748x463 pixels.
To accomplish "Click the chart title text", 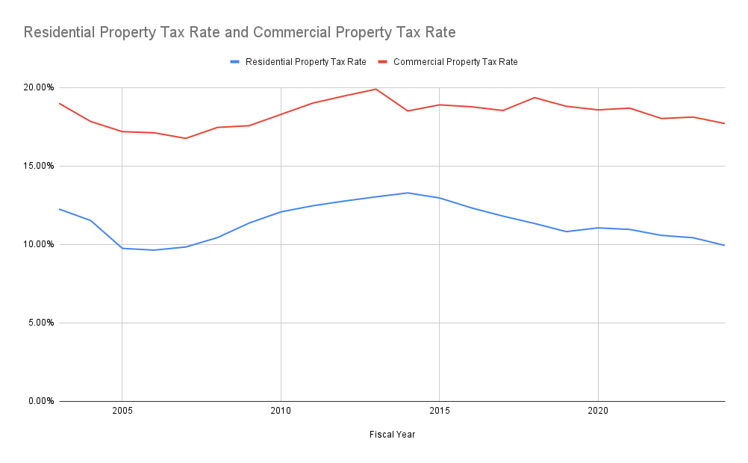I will (x=240, y=33).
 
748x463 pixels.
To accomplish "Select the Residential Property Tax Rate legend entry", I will (x=305, y=62).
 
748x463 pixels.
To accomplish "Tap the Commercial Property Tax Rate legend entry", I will (x=455, y=62).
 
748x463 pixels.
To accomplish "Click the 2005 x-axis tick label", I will (x=122, y=411).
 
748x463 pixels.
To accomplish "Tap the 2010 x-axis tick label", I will (x=281, y=411).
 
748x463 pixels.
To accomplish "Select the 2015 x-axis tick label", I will (x=439, y=411).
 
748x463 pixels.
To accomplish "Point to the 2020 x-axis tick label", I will (x=597, y=411).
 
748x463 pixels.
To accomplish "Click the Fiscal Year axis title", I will (x=392, y=435).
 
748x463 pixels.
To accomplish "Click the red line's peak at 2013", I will (x=375, y=89).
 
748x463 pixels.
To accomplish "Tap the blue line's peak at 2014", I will (x=408, y=193).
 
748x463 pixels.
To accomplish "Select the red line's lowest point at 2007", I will (x=186, y=138).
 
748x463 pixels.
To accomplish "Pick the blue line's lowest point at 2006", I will (x=154, y=249).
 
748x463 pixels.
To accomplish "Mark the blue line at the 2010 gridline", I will (x=281, y=212).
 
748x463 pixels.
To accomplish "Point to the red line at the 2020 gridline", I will (x=597, y=110).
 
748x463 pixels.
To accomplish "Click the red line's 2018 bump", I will (x=534, y=98).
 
